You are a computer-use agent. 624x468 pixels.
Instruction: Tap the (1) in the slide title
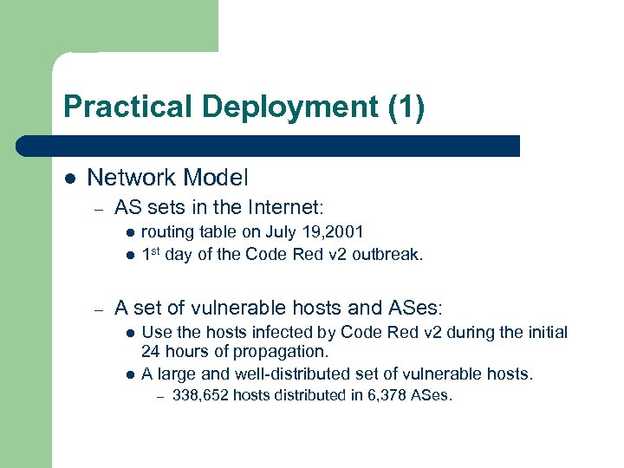pos(406,107)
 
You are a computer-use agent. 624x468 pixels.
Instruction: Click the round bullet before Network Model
pos(70,179)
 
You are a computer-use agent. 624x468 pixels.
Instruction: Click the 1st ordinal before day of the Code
pos(152,254)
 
